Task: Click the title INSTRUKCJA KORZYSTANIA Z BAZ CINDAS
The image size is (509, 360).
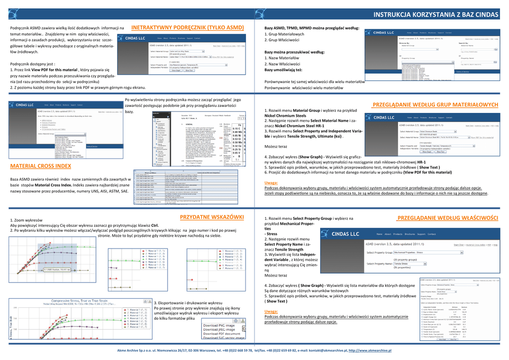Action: pyautogui.click(x=435, y=15)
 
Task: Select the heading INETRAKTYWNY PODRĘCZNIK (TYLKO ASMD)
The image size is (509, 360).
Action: pyautogui.click(x=187, y=27)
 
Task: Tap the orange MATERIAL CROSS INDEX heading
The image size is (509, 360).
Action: pyautogui.click(x=41, y=166)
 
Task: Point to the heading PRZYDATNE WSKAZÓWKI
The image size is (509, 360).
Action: pyautogui.click(x=212, y=217)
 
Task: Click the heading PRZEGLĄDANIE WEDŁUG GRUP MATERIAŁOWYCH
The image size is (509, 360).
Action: pyautogui.click(x=435, y=105)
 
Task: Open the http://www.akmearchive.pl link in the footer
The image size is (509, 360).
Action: pyautogui.click(x=371, y=351)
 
